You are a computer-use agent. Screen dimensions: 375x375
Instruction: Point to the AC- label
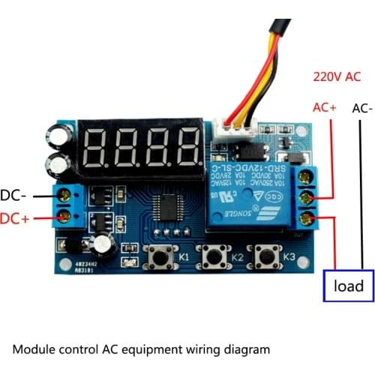[x=361, y=108]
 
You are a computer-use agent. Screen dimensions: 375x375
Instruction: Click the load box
[x=349, y=286]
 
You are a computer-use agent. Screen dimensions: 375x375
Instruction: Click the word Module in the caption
[x=35, y=349]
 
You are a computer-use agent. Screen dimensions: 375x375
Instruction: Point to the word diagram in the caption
[x=244, y=349]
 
